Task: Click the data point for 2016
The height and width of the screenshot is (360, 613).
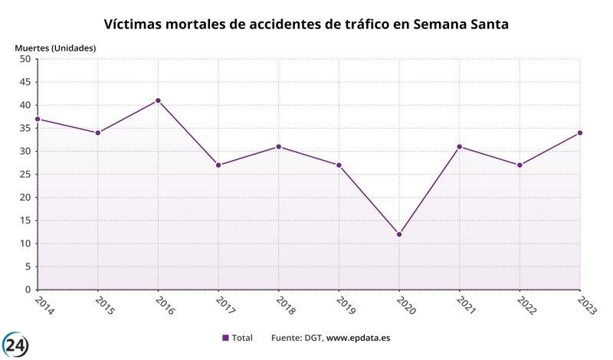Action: (x=158, y=100)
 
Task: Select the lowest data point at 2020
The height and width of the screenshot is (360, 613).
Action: (x=399, y=234)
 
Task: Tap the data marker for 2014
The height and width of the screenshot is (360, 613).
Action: (x=38, y=119)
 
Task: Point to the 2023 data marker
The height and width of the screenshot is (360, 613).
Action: (x=580, y=133)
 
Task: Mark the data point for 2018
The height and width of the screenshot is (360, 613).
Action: (x=279, y=146)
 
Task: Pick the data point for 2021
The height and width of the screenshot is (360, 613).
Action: (x=460, y=146)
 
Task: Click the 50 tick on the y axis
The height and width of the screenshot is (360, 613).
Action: (x=24, y=59)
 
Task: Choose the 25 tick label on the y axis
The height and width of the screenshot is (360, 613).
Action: (x=24, y=175)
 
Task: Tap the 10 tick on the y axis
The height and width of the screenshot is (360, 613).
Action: (x=24, y=244)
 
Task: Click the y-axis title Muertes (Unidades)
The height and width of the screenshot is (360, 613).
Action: (x=55, y=48)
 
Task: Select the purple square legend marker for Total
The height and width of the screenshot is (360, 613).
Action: (x=225, y=338)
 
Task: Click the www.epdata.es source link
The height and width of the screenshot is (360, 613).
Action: (x=359, y=338)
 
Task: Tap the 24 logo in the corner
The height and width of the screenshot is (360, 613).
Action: (x=15, y=345)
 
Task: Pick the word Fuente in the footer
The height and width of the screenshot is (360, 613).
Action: (x=287, y=338)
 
